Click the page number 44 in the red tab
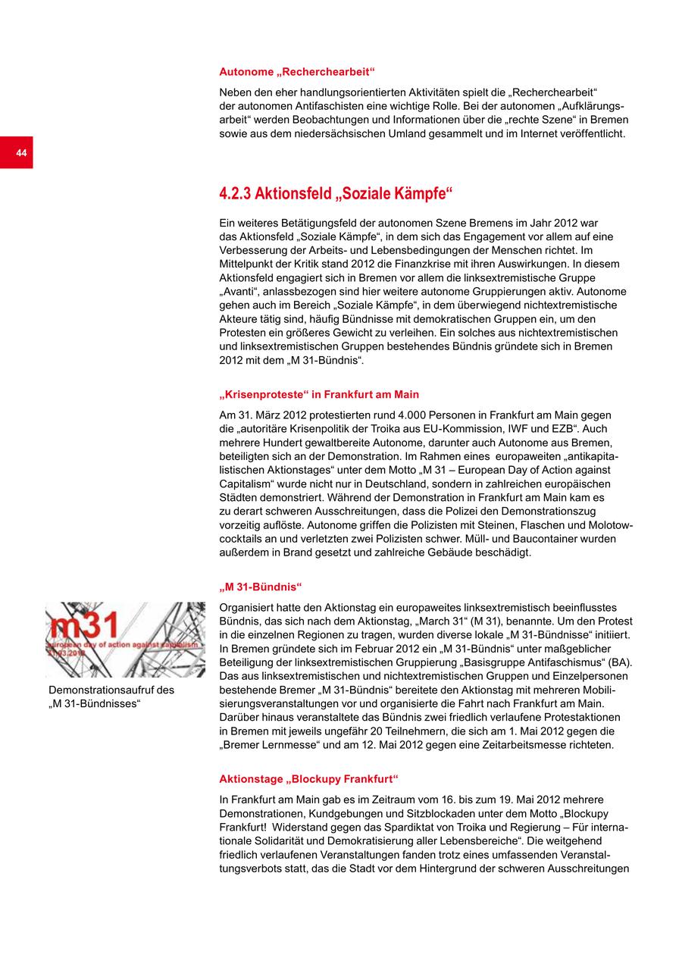[x=21, y=153]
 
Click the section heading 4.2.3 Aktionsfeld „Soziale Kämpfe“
[x=335, y=194]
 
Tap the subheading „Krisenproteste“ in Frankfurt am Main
[x=318, y=395]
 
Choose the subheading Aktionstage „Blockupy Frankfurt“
[x=308, y=778]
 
